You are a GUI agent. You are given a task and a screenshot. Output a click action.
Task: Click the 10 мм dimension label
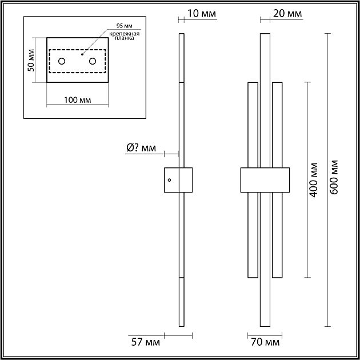202,14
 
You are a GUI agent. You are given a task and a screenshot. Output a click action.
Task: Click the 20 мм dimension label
287,14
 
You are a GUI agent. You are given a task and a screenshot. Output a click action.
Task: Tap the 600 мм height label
334,177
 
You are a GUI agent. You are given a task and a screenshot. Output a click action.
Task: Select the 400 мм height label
314,180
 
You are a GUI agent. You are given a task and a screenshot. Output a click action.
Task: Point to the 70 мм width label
265,342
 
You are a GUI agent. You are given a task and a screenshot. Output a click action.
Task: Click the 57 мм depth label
146,342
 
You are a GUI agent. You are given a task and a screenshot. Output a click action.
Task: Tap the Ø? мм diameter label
141,148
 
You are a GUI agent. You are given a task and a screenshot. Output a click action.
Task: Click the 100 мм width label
77,100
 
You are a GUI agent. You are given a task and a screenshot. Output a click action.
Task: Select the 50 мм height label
31,60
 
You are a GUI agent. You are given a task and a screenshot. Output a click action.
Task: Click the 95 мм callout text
124,26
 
